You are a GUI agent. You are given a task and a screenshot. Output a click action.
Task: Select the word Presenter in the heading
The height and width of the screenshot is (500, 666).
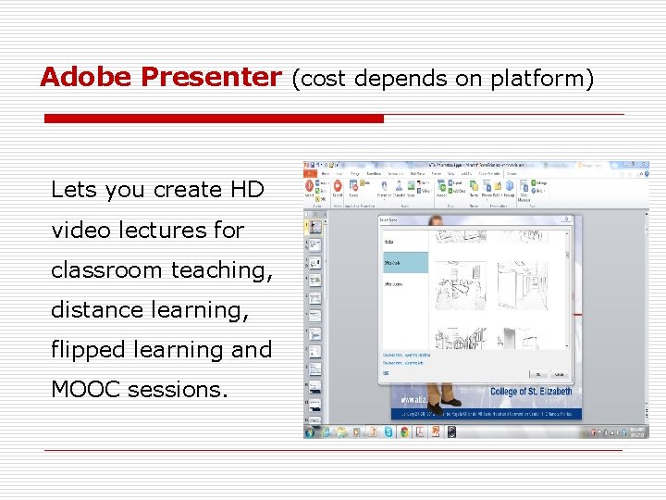pos(209,77)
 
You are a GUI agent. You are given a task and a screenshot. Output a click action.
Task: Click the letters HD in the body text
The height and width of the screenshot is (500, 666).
pos(247,190)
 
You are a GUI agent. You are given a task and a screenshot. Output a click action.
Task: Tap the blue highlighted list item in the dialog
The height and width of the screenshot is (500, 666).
pos(405,262)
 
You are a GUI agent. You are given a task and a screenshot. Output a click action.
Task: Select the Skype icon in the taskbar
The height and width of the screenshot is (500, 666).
pos(388,431)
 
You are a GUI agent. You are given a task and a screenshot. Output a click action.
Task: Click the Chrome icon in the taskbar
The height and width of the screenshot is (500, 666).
pos(404,431)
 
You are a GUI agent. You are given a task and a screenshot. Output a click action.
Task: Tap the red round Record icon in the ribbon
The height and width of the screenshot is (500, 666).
pos(311,186)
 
